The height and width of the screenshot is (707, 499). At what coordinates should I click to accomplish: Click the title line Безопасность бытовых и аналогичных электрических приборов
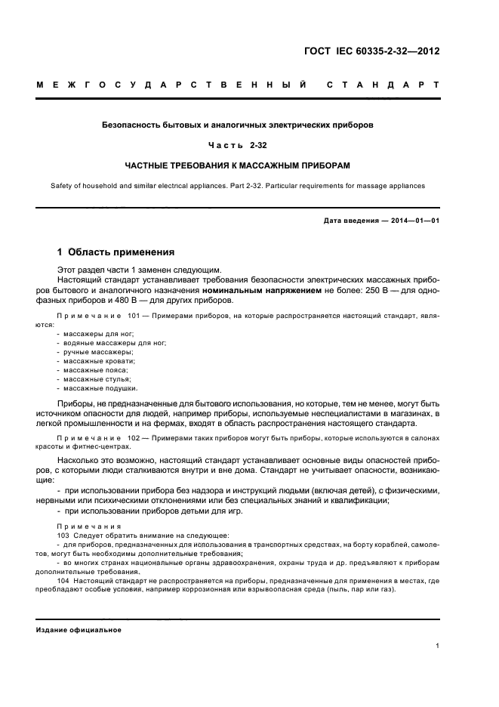[x=238, y=123]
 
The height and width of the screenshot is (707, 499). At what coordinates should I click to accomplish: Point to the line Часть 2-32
[x=238, y=144]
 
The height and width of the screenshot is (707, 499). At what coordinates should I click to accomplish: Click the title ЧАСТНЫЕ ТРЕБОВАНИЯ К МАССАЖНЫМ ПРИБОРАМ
[x=238, y=164]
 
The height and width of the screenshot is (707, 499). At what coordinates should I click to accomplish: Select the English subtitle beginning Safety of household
[x=238, y=185]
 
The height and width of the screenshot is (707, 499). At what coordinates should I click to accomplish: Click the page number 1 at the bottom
[x=438, y=646]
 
